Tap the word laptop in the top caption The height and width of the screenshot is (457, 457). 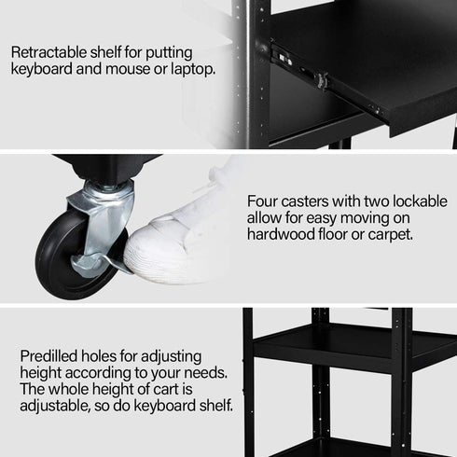(189, 69)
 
